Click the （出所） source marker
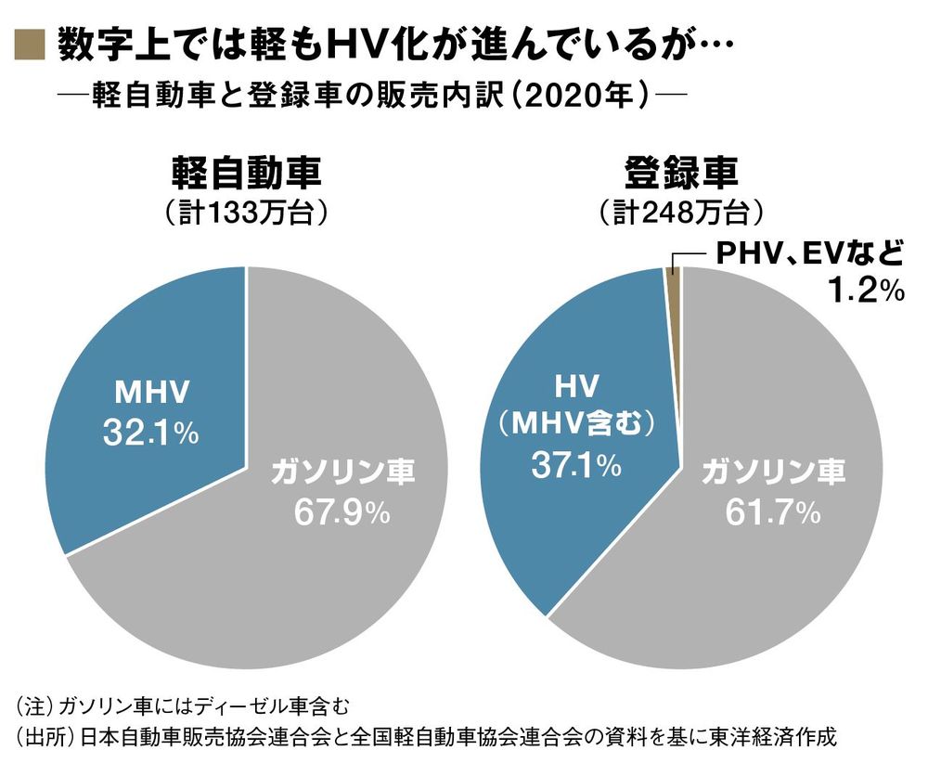(44, 738)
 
